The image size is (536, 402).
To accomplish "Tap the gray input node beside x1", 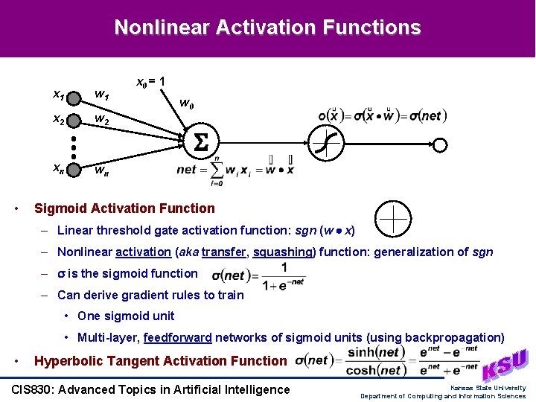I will pyautogui.click(x=74, y=96).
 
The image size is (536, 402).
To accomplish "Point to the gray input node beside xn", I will pyautogui.click(x=74, y=170).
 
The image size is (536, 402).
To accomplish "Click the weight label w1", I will pyautogui.click(x=101, y=95).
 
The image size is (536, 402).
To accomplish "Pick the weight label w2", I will pyautogui.click(x=101, y=121).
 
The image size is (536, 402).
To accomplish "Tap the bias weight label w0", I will pyautogui.click(x=188, y=105).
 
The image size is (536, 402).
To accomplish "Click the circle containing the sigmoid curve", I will pyautogui.click(x=325, y=141).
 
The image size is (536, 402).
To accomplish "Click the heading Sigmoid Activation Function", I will pyautogui.click(x=124, y=208).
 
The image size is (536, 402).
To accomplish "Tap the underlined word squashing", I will pyautogui.click(x=285, y=252).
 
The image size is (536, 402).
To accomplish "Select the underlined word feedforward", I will pyautogui.click(x=178, y=337).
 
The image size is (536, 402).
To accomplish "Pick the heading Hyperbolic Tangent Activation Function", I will pyautogui.click(x=160, y=361).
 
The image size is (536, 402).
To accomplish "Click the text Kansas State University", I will pyautogui.click(x=488, y=387).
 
